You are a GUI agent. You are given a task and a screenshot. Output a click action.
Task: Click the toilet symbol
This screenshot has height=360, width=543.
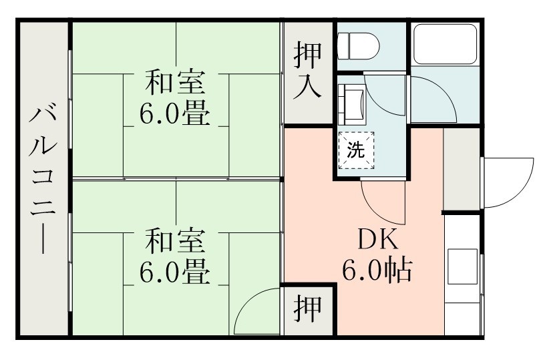pos(358,45)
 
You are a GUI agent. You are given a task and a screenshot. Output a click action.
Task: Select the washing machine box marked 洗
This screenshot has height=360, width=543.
pos(356,150)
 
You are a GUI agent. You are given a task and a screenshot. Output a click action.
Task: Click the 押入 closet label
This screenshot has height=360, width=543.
pos(308,72)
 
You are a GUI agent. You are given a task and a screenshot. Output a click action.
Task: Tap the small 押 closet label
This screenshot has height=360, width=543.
pos(308,309)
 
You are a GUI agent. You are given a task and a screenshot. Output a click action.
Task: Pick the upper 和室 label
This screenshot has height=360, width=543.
pos(176,83)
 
